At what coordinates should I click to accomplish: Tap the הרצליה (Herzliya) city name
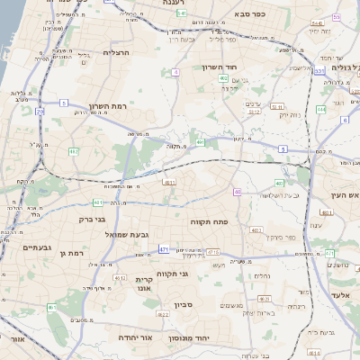coord(118,52)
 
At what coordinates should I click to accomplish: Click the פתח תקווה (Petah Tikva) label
coord(210,221)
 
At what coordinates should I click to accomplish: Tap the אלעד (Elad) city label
coord(338,295)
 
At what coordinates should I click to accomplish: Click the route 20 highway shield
coord(40,111)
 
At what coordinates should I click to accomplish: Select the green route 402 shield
coord(222,79)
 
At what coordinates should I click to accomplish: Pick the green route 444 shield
coord(321,109)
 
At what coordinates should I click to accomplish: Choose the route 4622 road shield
coord(165,315)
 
